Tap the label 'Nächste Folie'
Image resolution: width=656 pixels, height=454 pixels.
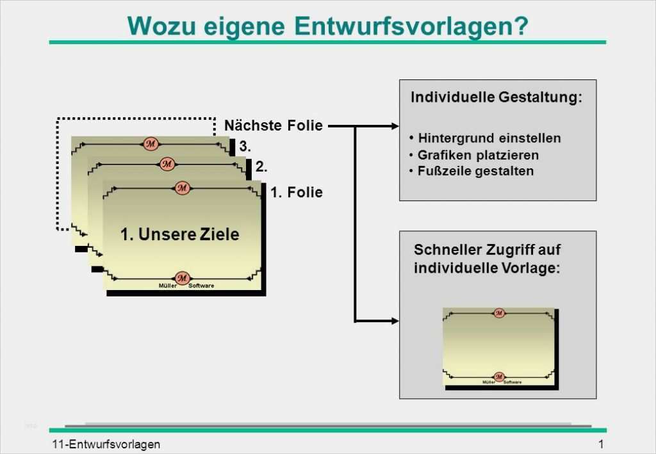(274, 126)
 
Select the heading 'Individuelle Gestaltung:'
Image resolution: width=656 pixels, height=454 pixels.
(496, 98)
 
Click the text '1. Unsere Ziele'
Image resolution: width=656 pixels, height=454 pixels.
(179, 234)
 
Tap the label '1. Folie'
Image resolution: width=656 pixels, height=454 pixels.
(297, 192)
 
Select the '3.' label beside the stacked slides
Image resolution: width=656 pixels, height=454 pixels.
(245, 146)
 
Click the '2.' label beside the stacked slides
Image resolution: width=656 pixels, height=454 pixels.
(261, 167)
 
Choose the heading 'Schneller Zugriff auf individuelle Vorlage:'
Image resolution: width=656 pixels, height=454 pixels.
(487, 259)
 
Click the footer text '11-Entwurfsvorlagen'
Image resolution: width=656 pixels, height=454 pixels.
(106, 444)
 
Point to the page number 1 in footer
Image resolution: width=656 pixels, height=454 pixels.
(601, 444)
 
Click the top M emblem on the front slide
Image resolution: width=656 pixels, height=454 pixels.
(183, 188)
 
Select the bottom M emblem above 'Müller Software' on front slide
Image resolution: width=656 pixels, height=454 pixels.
(182, 278)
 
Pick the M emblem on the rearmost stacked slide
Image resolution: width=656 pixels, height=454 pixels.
(151, 143)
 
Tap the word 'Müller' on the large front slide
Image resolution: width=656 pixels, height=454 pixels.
(167, 286)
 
